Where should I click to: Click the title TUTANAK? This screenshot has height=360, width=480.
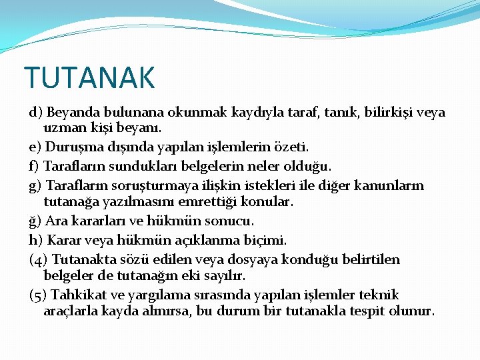[89, 77]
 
